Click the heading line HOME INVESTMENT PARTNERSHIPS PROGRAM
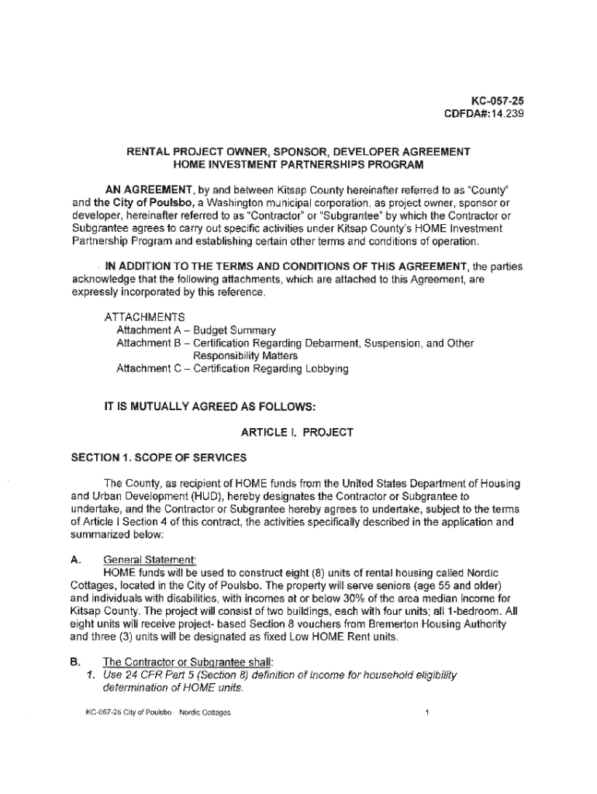[x=298, y=164]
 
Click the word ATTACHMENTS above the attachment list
[x=145, y=317]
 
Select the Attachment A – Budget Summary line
[x=195, y=330]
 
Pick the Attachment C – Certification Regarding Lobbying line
[x=232, y=369]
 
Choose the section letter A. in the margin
[x=75, y=560]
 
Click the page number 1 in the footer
[x=427, y=712]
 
